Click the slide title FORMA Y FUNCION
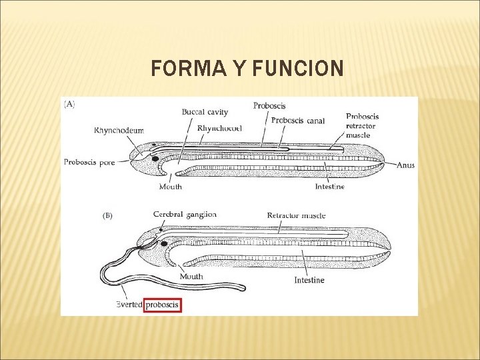point(247,69)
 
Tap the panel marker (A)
point(69,104)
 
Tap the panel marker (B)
point(107,216)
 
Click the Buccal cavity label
point(205,112)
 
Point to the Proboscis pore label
point(89,161)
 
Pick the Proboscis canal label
point(297,121)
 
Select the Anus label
point(405,165)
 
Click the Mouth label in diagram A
point(171,187)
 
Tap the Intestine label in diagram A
point(330,187)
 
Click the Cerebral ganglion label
point(185,214)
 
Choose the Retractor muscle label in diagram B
point(296,215)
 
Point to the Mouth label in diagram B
point(191,277)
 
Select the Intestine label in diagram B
point(309,280)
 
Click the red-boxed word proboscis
point(162,305)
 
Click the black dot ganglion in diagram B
point(163,243)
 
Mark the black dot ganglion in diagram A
point(155,159)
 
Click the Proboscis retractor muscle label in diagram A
point(362,125)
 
